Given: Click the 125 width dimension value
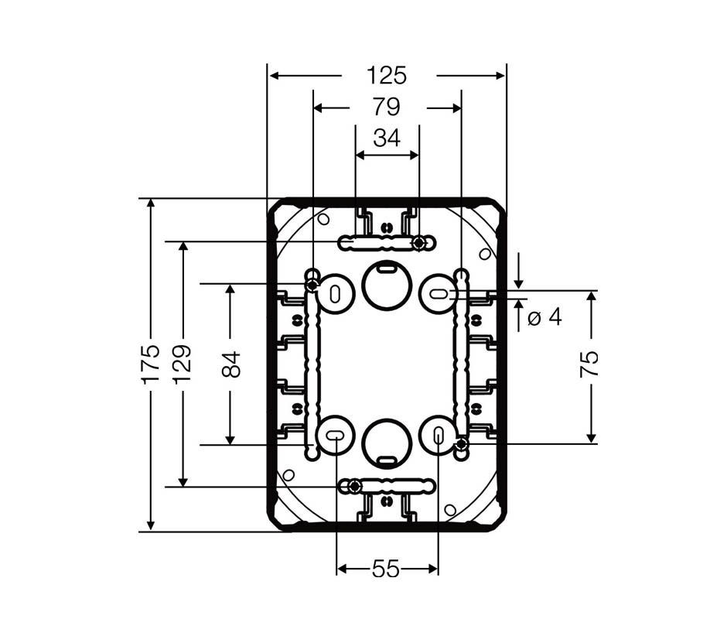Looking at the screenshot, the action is pos(386,76).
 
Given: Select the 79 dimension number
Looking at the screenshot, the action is pos(386,107).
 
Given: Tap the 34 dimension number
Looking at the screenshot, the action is pos(387,138).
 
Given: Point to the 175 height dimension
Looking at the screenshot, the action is pos(152,364).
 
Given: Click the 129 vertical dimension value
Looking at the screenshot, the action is pos(183,364).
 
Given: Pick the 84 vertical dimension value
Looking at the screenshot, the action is pos(231,364).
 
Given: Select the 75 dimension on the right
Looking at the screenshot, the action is pos(589,364).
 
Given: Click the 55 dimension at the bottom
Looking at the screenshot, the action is pos(386,569).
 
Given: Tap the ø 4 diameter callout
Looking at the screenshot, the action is pos(544,318).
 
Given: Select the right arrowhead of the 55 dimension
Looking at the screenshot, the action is pos(432,569).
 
